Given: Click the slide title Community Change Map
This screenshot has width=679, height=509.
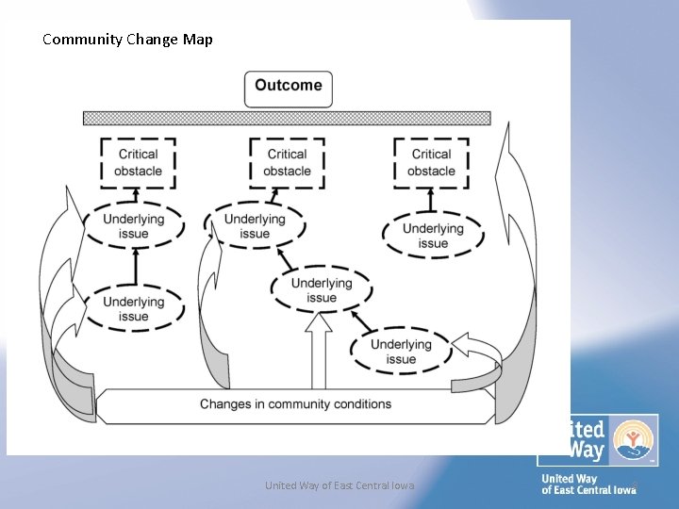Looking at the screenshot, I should pyautogui.click(x=127, y=40).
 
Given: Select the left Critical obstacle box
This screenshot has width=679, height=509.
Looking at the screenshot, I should pyautogui.click(x=139, y=162).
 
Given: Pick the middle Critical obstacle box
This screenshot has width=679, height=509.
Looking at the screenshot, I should pyautogui.click(x=287, y=162).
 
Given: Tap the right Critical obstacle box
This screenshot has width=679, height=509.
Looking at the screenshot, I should pyautogui.click(x=431, y=162).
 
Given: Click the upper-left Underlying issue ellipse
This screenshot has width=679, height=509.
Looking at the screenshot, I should pyautogui.click(x=133, y=226).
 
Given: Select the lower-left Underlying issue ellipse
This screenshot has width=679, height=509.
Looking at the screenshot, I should pyautogui.click(x=133, y=309).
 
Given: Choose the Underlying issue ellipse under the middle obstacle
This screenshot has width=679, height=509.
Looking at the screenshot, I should pyautogui.click(x=255, y=226).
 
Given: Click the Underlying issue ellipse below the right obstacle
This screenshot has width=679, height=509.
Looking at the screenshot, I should pyautogui.click(x=433, y=236).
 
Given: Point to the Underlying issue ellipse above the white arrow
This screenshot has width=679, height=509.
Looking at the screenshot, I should pyautogui.click(x=322, y=290).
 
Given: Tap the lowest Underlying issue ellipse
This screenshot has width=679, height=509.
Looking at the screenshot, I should pyautogui.click(x=401, y=351).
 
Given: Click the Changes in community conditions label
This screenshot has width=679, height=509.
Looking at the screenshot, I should pyautogui.click(x=295, y=404).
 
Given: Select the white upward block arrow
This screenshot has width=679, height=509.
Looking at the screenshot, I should pyautogui.click(x=319, y=351).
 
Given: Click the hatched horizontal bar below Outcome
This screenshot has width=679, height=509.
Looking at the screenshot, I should pyautogui.click(x=287, y=119).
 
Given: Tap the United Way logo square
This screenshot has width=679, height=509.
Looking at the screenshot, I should pyautogui.click(x=597, y=440).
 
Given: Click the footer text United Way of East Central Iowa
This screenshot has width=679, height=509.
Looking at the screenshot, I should pyautogui.click(x=339, y=485).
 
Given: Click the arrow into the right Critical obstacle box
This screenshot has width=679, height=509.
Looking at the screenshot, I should pyautogui.click(x=431, y=200).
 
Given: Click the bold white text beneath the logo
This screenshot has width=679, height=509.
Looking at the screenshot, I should pyautogui.click(x=588, y=484).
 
